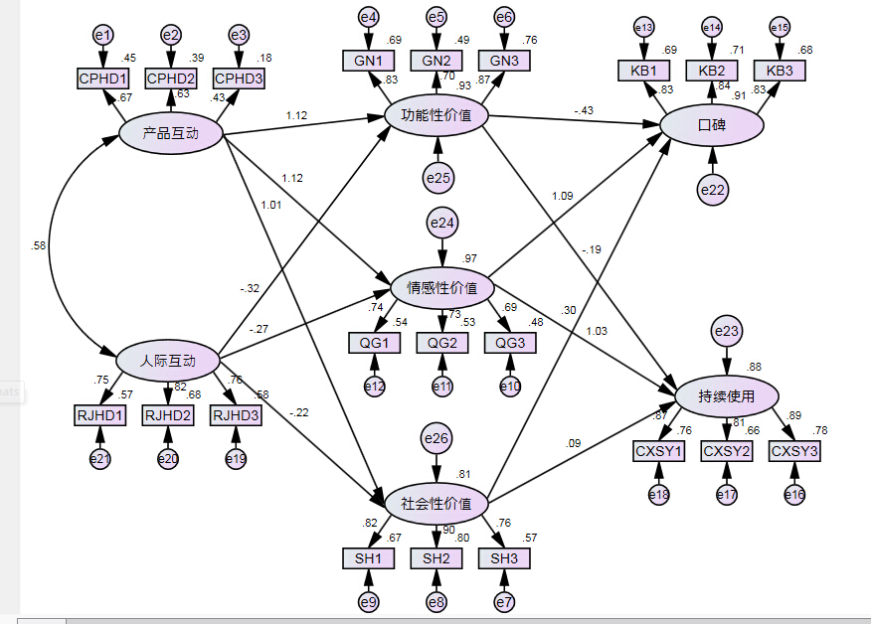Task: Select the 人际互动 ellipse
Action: tap(168, 361)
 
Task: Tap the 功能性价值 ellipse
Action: tap(436, 116)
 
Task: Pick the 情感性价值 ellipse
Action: tap(441, 288)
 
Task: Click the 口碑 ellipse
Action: tap(712, 126)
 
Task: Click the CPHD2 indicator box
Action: tap(171, 78)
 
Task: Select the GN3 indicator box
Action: tap(504, 61)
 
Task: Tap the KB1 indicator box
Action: tap(643, 71)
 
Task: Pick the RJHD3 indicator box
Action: tap(237, 414)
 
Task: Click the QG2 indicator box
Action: tap(441, 343)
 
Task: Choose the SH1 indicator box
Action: tap(368, 557)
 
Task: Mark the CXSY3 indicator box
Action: tap(794, 451)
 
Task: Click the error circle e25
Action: tap(437, 178)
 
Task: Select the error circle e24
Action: tap(440, 225)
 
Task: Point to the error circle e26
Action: tap(436, 436)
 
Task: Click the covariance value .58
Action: tap(38, 244)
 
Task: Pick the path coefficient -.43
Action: tap(583, 109)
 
